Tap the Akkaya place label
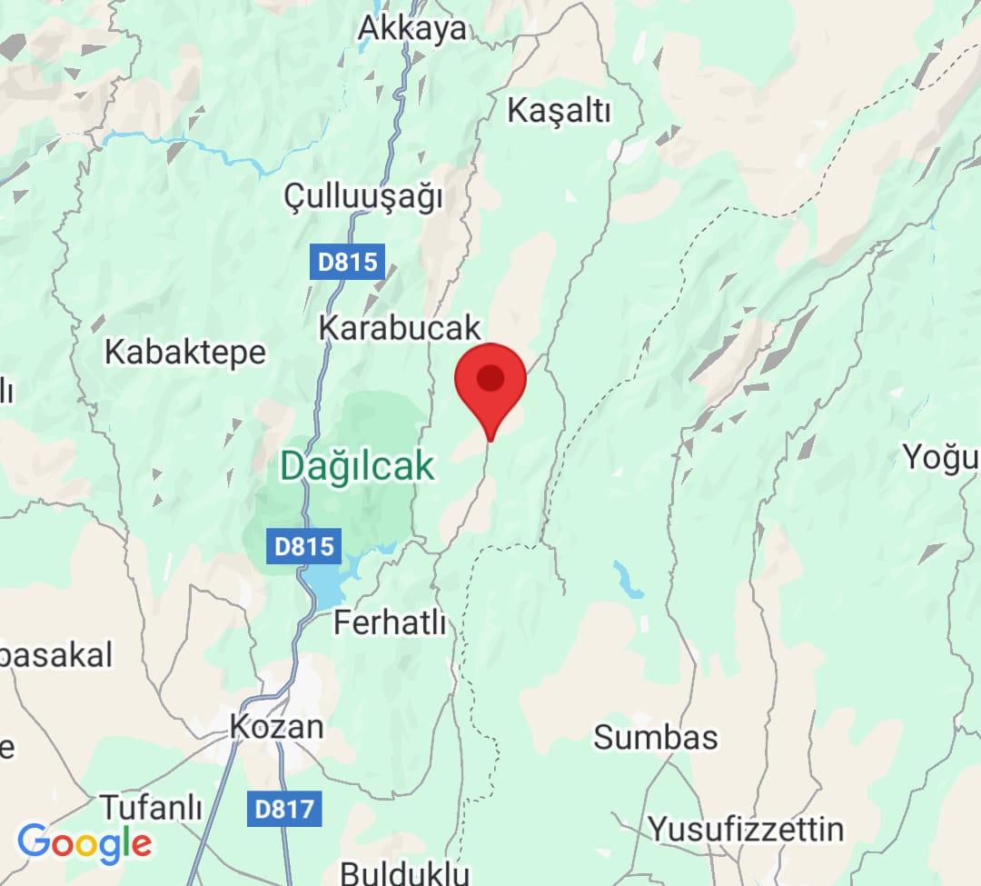[411, 27]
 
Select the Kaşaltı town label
[560, 111]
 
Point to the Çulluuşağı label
[362, 195]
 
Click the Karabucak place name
[400, 328]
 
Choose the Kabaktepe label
[185, 352]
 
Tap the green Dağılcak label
[357, 465]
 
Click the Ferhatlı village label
[391, 623]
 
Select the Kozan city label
[276, 726]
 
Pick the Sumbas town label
[656, 737]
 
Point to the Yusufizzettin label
[745, 829]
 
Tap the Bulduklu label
[405, 874]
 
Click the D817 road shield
[284, 808]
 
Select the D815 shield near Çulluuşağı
[347, 262]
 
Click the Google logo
[84, 844]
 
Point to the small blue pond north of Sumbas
[628, 580]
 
